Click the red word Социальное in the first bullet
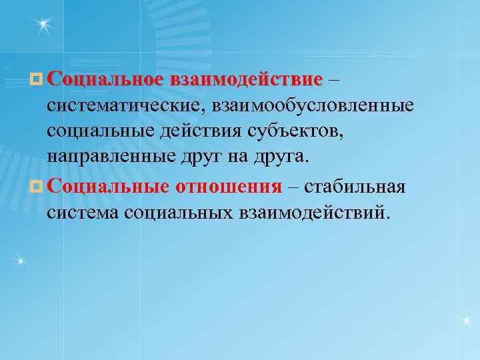[105, 81]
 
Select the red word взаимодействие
[246, 81]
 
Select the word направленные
[111, 157]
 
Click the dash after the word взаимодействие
[334, 81]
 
